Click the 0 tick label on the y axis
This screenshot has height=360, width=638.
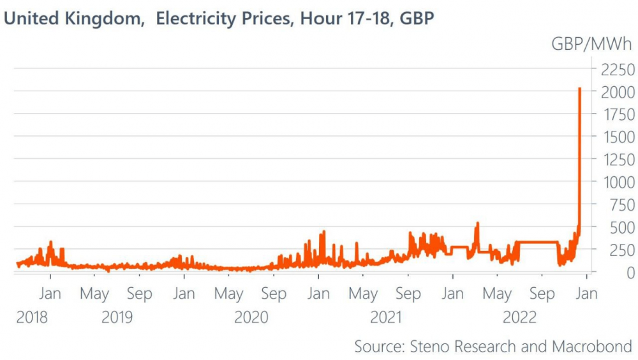[x=630, y=273]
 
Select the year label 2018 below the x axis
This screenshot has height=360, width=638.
[x=32, y=318]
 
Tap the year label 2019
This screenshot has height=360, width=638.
[x=117, y=318]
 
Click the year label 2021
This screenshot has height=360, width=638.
[x=386, y=318]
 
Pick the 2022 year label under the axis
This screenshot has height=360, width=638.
[x=520, y=318]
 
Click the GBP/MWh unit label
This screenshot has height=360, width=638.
[x=592, y=44]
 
